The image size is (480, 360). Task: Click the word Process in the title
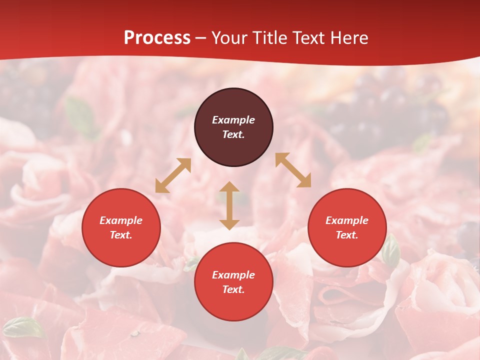click(x=157, y=38)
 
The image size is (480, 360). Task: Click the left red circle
click(x=121, y=227)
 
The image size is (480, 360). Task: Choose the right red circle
click(x=347, y=227)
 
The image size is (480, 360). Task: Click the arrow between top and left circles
click(x=173, y=175)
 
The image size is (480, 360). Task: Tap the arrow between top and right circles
click(x=293, y=170)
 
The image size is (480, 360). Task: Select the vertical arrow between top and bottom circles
click(x=229, y=205)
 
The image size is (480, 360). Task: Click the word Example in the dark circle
click(x=233, y=120)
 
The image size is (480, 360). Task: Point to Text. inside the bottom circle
click(x=233, y=289)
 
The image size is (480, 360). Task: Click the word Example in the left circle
click(x=121, y=220)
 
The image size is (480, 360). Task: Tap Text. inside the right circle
click(x=347, y=235)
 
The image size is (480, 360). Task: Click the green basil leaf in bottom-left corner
click(x=22, y=327)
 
